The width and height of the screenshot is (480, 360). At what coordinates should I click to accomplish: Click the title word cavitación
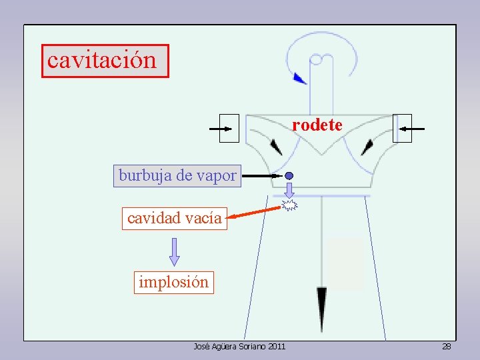coord(102,61)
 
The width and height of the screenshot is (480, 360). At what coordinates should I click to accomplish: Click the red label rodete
coord(317,125)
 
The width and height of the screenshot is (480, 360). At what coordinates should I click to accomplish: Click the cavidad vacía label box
coord(174,218)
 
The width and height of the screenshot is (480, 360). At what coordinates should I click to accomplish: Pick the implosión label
coord(173,282)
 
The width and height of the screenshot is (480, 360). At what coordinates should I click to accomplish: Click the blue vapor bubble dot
coord(289,176)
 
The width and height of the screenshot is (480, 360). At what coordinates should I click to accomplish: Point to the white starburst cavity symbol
coord(289,205)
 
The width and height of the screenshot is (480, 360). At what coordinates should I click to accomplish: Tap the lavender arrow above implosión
coord(175,251)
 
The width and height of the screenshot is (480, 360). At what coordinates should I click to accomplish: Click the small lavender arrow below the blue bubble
coord(289,190)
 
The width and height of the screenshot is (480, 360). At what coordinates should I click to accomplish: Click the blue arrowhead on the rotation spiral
coord(300,78)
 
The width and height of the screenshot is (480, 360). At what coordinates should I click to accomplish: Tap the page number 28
coord(447,347)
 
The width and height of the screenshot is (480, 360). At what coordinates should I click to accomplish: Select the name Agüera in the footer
coord(221,347)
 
